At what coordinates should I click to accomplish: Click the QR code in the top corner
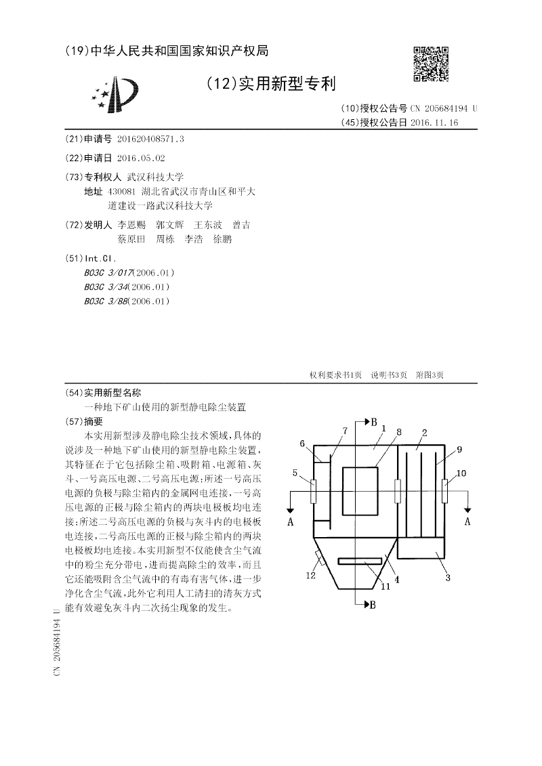(430, 64)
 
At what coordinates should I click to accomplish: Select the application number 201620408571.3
(150, 139)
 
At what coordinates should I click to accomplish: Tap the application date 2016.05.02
(141, 158)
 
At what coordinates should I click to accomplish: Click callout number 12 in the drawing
(311, 576)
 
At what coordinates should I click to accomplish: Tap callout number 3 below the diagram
(448, 578)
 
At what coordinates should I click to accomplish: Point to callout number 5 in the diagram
(295, 473)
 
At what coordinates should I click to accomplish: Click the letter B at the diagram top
(373, 422)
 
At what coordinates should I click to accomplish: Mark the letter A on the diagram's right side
(467, 522)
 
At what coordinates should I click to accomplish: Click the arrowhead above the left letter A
(291, 510)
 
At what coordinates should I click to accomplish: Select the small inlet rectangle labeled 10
(444, 490)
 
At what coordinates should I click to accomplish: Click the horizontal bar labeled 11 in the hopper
(358, 561)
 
